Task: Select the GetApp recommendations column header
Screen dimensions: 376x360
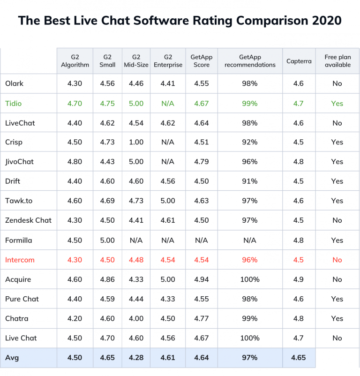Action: [250, 61]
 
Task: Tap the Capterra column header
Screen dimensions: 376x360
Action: [299, 61]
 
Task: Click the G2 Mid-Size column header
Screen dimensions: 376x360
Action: [136, 61]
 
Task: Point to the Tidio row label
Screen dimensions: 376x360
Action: [14, 103]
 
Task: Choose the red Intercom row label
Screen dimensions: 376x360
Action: [20, 260]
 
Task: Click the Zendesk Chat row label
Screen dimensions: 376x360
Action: [28, 220]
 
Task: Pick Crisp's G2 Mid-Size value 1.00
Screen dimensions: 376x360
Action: [136, 143]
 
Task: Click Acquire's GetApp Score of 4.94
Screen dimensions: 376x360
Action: [201, 279]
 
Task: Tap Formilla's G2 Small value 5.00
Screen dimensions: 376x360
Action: [107, 240]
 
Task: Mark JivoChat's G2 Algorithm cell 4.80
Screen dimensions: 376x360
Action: [75, 162]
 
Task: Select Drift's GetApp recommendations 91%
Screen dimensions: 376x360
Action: [250, 181]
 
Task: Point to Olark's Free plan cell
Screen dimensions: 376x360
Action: [337, 83]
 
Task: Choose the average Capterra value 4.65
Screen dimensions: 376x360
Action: [298, 357]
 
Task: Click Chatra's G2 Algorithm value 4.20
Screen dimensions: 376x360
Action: [75, 318]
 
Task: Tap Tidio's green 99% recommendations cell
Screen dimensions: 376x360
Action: [250, 103]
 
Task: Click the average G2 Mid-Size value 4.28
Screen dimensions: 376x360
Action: [136, 357]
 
